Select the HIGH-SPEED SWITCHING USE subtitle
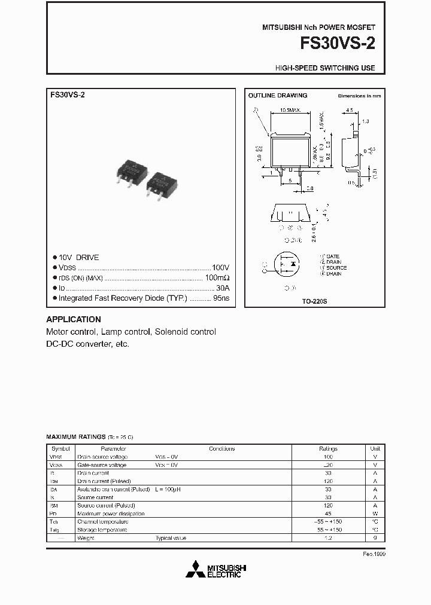pyautogui.click(x=325, y=68)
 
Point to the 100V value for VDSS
pyautogui.click(x=220, y=268)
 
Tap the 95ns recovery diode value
pyautogui.click(x=221, y=298)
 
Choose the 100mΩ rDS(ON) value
pyautogui.click(x=217, y=278)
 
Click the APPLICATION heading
pyautogui.click(x=74, y=319)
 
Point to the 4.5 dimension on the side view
pyautogui.click(x=350, y=110)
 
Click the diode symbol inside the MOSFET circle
pyautogui.click(x=293, y=263)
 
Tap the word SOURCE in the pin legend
pyautogui.click(x=336, y=268)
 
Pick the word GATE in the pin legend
pyautogui.click(x=333, y=256)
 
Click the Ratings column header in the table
pyautogui.click(x=328, y=448)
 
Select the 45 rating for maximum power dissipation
pyautogui.click(x=328, y=514)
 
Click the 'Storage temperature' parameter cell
pyautogui.click(x=102, y=530)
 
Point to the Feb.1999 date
pyautogui.click(x=374, y=554)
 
